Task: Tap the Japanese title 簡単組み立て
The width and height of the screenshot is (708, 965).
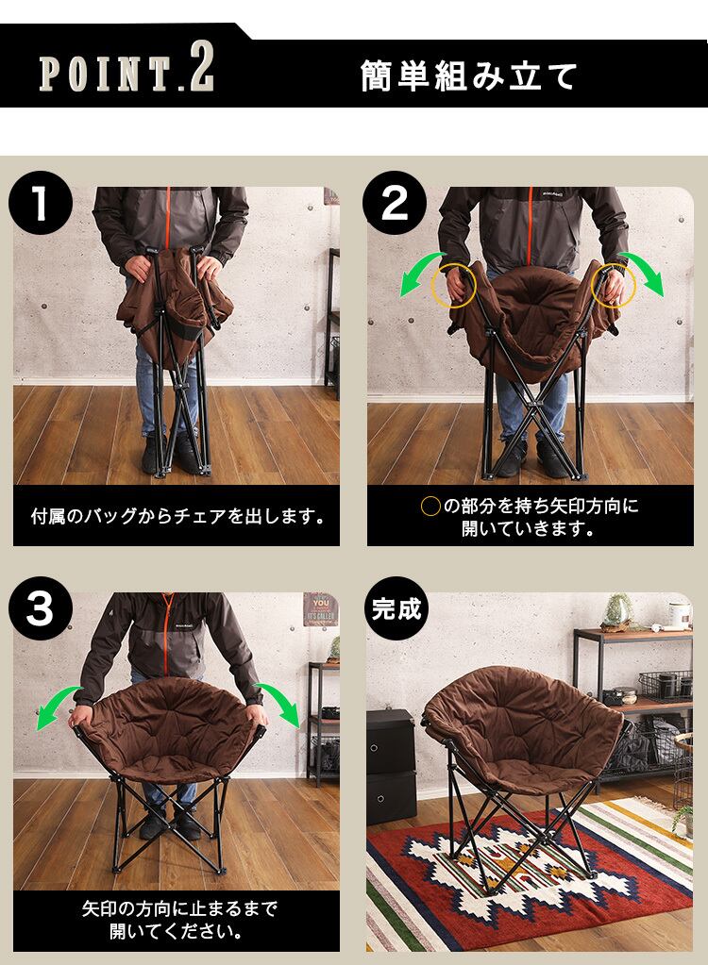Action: click(469, 75)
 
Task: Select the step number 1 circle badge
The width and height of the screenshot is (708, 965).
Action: click(41, 203)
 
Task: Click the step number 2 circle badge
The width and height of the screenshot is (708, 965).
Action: click(394, 203)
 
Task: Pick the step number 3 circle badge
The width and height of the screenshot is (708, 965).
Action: click(41, 608)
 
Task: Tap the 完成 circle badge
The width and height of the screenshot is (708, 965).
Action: click(396, 608)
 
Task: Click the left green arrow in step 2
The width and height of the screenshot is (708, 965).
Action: click(419, 272)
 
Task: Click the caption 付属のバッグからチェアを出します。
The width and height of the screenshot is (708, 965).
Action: click(177, 516)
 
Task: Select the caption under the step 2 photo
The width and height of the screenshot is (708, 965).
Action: click(531, 517)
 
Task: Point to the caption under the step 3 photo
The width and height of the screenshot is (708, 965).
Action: click(178, 920)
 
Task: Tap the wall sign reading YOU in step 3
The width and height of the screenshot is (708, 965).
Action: click(320, 609)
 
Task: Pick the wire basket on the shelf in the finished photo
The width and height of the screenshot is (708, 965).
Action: click(665, 685)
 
